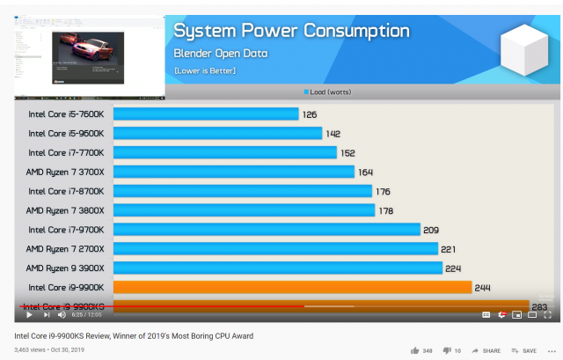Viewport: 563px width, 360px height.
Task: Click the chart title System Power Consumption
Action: click(x=291, y=31)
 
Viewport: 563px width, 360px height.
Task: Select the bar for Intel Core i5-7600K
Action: click(x=206, y=114)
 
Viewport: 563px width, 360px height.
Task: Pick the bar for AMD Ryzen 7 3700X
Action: click(x=233, y=172)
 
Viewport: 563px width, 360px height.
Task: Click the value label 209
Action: click(x=431, y=230)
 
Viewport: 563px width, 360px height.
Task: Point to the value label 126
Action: click(x=310, y=114)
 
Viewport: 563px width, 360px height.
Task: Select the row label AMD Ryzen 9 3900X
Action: click(x=65, y=268)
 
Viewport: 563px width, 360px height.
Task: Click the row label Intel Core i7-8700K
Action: click(x=66, y=191)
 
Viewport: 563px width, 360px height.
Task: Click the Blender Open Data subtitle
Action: click(x=220, y=54)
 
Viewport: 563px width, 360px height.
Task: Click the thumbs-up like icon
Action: click(x=414, y=350)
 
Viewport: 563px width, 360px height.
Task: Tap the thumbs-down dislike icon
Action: click(x=446, y=350)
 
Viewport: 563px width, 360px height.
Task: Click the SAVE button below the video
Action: click(x=524, y=350)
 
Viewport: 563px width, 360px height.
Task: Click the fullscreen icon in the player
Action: click(x=546, y=314)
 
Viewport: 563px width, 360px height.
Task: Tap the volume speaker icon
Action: click(x=62, y=314)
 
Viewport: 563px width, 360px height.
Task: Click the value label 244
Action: click(x=482, y=287)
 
